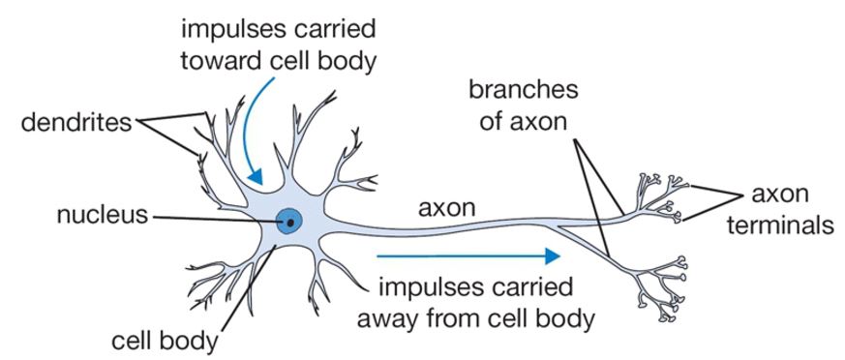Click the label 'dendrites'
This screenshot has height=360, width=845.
[x=67, y=123]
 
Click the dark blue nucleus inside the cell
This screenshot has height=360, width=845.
[x=288, y=222]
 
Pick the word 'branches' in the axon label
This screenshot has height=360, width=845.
[x=523, y=90]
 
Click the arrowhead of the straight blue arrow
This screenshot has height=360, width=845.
[x=553, y=256]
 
